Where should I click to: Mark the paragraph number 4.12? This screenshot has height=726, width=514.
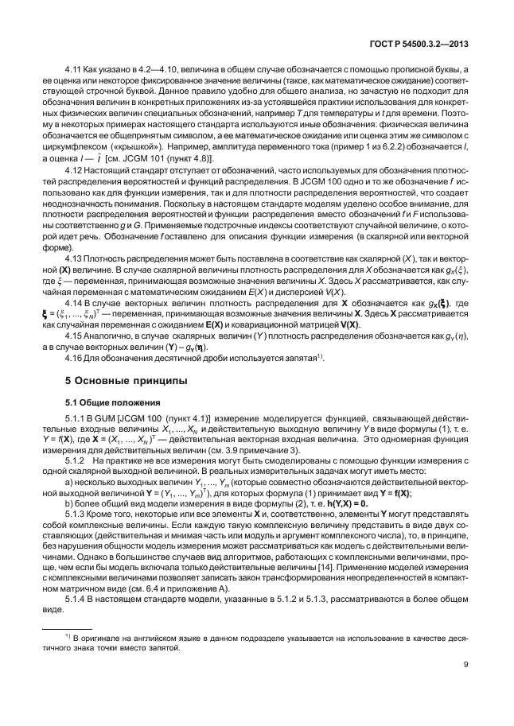click(x=74, y=169)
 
